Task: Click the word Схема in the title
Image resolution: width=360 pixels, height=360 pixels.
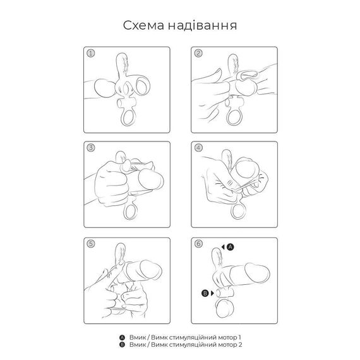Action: pos(143,25)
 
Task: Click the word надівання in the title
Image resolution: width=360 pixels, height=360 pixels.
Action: pos(202,25)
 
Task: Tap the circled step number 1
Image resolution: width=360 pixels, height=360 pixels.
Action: pos(91,53)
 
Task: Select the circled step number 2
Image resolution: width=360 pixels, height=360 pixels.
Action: pos(198,53)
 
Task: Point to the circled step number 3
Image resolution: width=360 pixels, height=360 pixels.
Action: pos(91,148)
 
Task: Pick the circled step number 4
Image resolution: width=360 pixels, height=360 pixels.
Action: pos(198,148)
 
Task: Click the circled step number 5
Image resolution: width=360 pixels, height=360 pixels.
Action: pos(91,244)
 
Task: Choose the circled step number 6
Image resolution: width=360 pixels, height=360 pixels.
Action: pos(198,244)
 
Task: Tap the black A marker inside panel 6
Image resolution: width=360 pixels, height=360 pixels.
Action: pos(230,247)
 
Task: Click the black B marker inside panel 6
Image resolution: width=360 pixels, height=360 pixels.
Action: pos(205,293)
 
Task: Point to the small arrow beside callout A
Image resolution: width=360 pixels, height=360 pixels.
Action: pos(223,247)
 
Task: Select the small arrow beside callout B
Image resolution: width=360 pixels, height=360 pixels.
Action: pos(212,293)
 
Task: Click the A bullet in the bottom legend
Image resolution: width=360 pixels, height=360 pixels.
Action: pos(122,337)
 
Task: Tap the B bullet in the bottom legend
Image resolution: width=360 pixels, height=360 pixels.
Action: pos(122,345)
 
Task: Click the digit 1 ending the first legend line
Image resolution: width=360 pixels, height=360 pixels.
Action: pos(240,337)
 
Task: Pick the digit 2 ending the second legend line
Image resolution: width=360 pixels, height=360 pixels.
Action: pos(240,345)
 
